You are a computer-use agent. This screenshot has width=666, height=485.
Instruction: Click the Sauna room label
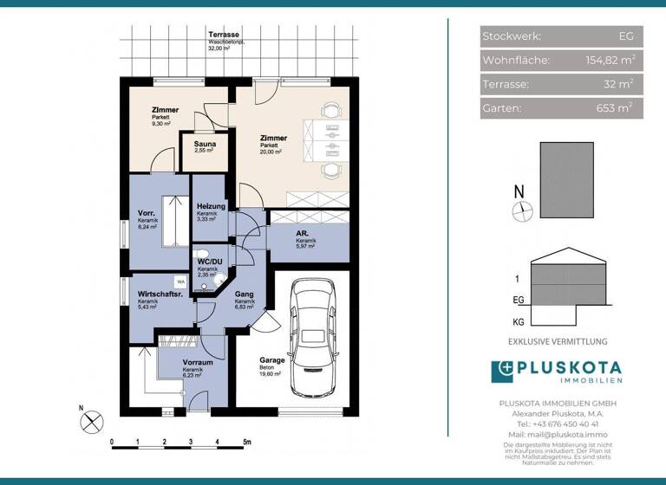pos(205,143)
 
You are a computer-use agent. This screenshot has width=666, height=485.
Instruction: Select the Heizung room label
pos(211,207)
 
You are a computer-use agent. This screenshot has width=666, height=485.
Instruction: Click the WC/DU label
pos(210,262)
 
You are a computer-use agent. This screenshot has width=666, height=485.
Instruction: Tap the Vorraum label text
pos(198,363)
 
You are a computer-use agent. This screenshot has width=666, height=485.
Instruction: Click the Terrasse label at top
pos(223,36)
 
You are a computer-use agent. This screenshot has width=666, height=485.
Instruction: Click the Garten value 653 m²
pos(616,108)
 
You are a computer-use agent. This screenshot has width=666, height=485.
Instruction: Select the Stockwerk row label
pos(512,36)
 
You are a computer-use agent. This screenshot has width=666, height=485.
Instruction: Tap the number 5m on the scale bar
pos(246,442)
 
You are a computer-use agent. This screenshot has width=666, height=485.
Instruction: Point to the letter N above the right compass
pos(519,191)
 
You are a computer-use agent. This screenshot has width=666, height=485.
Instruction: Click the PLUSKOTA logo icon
pos(503,372)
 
